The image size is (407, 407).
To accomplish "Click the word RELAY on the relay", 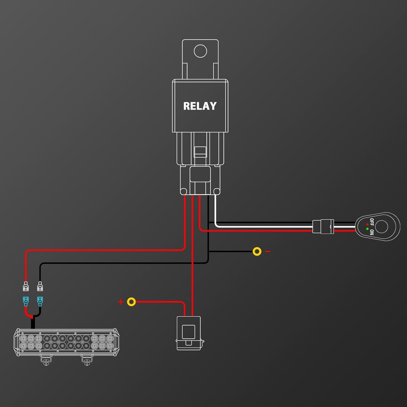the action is click(x=200, y=106).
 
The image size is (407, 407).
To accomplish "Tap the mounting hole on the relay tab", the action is click(x=201, y=51).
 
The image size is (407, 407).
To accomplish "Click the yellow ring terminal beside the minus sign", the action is click(x=257, y=252).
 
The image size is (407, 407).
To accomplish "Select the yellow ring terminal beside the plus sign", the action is click(x=131, y=302).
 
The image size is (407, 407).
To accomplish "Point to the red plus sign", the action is click(x=121, y=302).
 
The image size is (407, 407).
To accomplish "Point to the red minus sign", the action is click(x=268, y=252).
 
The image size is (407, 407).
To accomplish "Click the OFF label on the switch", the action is click(x=372, y=222).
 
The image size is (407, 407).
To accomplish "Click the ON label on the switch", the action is click(x=372, y=232).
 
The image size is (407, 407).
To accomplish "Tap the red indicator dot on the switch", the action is click(x=367, y=224).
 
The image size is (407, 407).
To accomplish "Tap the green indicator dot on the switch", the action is click(x=367, y=229).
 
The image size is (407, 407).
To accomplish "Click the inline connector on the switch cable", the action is click(x=323, y=227).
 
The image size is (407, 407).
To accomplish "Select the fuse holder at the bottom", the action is click(x=190, y=333).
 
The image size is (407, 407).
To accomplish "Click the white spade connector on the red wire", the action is click(x=26, y=286).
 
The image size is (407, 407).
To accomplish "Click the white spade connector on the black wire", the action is click(x=40, y=286).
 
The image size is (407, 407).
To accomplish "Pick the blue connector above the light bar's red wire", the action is click(x=26, y=301).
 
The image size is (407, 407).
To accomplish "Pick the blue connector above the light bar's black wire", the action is click(x=40, y=301).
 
